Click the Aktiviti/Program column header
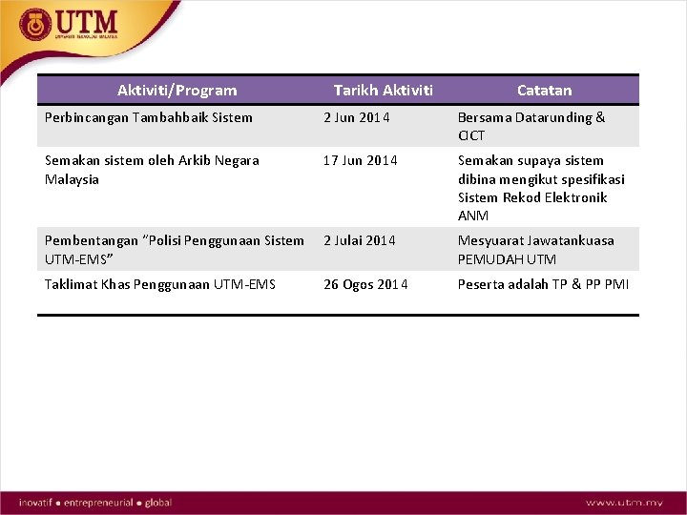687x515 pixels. (x=177, y=91)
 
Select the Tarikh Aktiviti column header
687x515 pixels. (x=383, y=91)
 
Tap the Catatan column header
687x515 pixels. (x=544, y=91)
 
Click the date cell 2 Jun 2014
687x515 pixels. (x=358, y=117)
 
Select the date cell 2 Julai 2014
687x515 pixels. (x=359, y=240)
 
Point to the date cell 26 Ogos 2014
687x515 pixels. (x=365, y=284)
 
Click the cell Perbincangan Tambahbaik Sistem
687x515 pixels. (x=149, y=117)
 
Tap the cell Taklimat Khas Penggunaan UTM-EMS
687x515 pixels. (x=159, y=284)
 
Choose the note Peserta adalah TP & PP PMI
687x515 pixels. (x=543, y=284)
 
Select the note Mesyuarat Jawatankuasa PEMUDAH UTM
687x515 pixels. (x=535, y=250)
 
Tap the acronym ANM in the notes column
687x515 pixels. (x=472, y=216)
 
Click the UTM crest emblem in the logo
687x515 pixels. (x=36, y=25)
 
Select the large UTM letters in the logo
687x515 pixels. (x=87, y=21)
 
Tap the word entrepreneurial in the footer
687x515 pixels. (x=98, y=503)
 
